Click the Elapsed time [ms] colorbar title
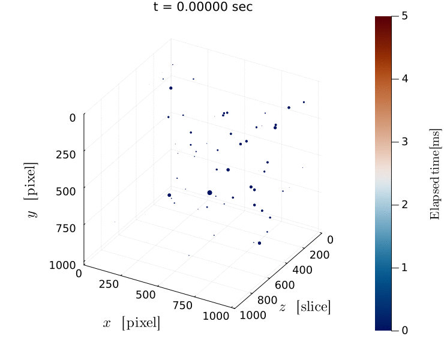coord(436,173)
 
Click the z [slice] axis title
coord(305,307)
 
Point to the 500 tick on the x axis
coord(146,295)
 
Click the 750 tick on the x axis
coord(182,305)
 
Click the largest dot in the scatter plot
coord(209,193)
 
